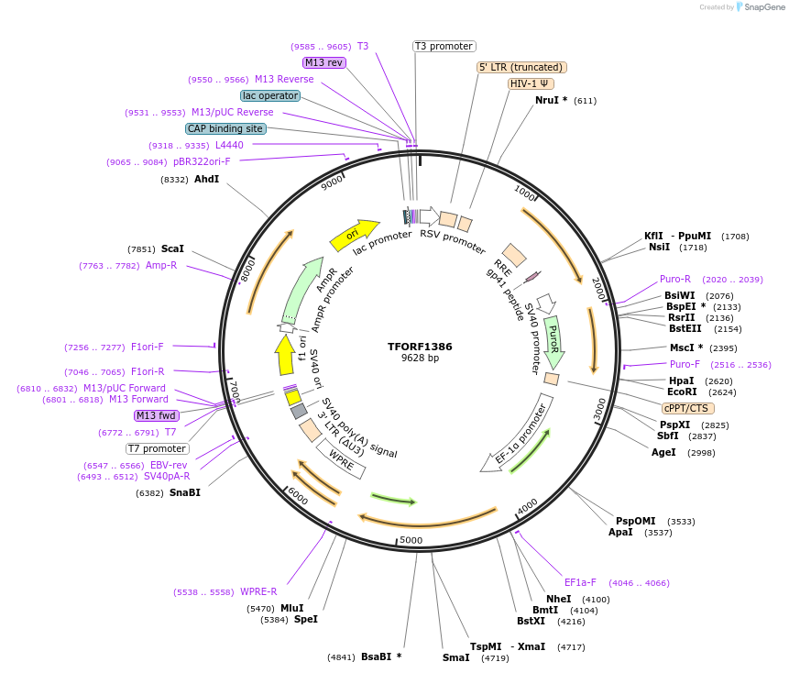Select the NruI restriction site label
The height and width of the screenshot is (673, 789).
[x=551, y=101]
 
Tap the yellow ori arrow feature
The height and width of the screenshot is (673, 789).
[x=354, y=235]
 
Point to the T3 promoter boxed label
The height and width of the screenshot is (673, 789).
[x=444, y=46]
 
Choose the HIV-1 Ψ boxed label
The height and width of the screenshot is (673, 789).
[x=531, y=83]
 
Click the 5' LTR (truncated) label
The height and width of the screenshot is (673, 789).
[x=521, y=67]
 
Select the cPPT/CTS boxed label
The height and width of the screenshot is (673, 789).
[x=687, y=408]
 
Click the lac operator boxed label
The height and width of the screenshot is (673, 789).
[x=270, y=95]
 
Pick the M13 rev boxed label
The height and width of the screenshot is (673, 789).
[x=324, y=62]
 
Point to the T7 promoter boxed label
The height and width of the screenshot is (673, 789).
[x=158, y=449]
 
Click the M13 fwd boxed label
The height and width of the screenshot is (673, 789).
[x=156, y=415]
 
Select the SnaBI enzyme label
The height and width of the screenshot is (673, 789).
[x=184, y=492]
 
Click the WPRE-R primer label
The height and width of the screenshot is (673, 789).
[x=258, y=591]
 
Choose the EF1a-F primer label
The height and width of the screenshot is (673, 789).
[x=580, y=582]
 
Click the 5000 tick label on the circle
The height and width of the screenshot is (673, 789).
[x=411, y=540]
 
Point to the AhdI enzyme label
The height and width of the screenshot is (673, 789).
[x=206, y=179]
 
